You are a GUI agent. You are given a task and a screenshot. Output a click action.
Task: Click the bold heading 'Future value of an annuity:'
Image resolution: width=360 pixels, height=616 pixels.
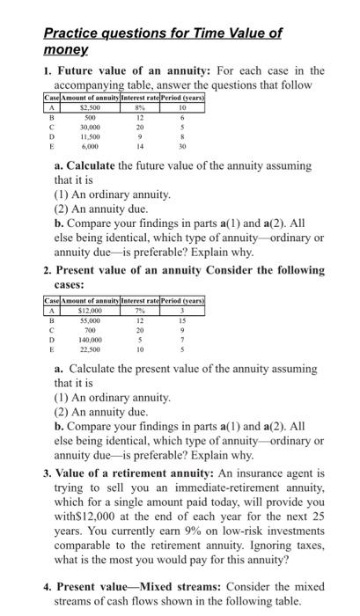point(123,70)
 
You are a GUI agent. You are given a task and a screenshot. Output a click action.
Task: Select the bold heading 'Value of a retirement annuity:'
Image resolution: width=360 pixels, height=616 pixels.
point(134,472)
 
